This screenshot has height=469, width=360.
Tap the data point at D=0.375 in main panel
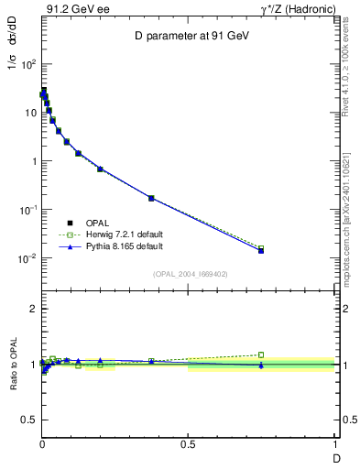click(151, 198)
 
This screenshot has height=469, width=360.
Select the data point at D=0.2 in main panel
click(100, 169)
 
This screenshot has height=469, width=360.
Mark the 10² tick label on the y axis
click(28, 64)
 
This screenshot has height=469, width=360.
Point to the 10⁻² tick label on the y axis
click(28, 258)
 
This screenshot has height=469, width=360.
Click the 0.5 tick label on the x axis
click(188, 446)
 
